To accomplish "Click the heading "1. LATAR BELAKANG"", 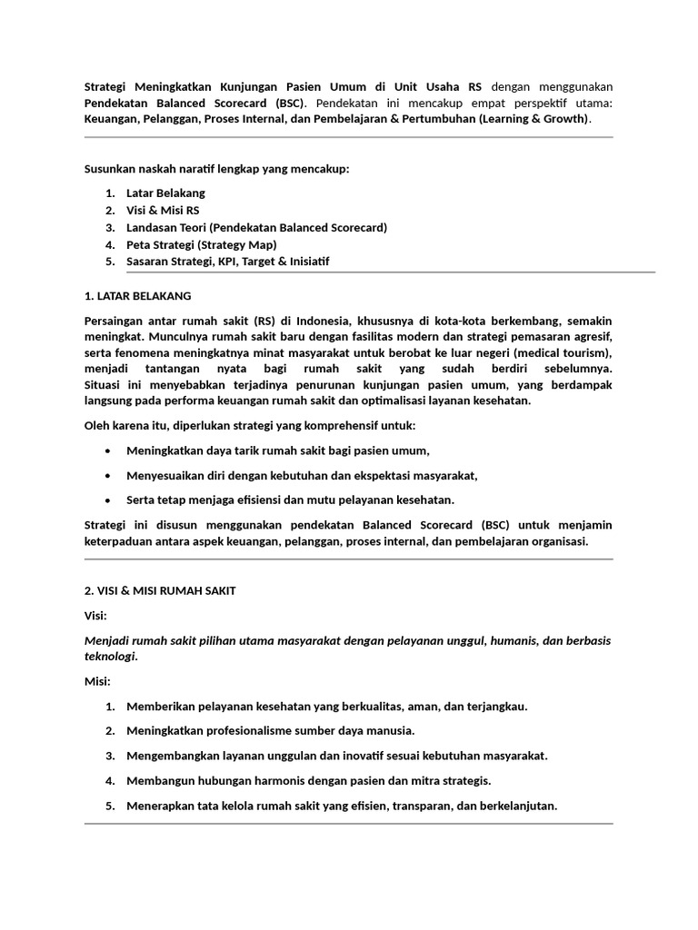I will pyautogui.click(x=137, y=296).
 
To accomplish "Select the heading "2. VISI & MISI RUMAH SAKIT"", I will pyautogui.click(x=159, y=590).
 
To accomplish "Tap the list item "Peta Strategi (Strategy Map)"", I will pyautogui.click(x=201, y=244).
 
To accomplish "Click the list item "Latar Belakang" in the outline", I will pyautogui.click(x=165, y=193).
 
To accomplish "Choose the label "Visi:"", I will pyautogui.click(x=95, y=616).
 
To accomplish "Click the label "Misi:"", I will pyautogui.click(x=96, y=680).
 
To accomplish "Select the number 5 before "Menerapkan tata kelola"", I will pyautogui.click(x=109, y=806).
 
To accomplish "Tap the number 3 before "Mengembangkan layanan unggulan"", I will pyautogui.click(x=109, y=756).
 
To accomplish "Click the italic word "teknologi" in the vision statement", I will pyautogui.click(x=109, y=656).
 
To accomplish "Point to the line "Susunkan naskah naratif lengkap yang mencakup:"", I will pyautogui.click(x=216, y=169).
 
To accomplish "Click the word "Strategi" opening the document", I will pyautogui.click(x=107, y=87).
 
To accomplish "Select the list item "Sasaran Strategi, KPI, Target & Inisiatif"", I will pyautogui.click(x=227, y=262).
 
